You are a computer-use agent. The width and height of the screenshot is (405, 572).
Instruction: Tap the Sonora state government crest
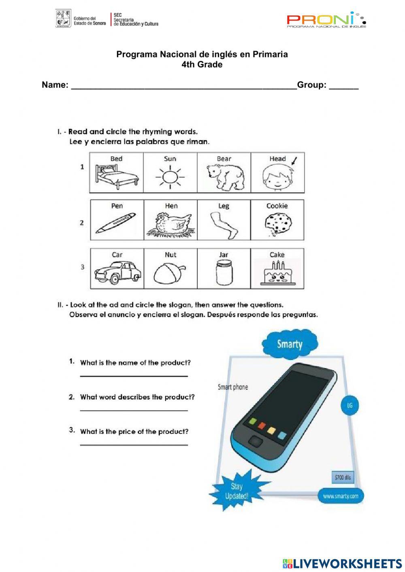(63, 19)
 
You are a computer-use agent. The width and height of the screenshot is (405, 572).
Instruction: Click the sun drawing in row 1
(170, 177)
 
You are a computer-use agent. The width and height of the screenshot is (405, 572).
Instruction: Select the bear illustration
(224, 177)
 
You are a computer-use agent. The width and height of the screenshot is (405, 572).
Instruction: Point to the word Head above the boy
(277, 159)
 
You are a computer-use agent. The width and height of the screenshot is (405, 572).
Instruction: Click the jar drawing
(224, 273)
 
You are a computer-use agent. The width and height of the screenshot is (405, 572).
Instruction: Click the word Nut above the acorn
(171, 255)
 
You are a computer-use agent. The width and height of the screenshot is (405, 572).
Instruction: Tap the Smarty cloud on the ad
(290, 344)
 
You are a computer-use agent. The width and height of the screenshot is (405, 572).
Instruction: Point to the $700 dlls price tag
(342, 477)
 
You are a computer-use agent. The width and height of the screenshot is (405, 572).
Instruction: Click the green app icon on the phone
(252, 421)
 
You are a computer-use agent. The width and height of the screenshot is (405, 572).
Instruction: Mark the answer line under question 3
(134, 445)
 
